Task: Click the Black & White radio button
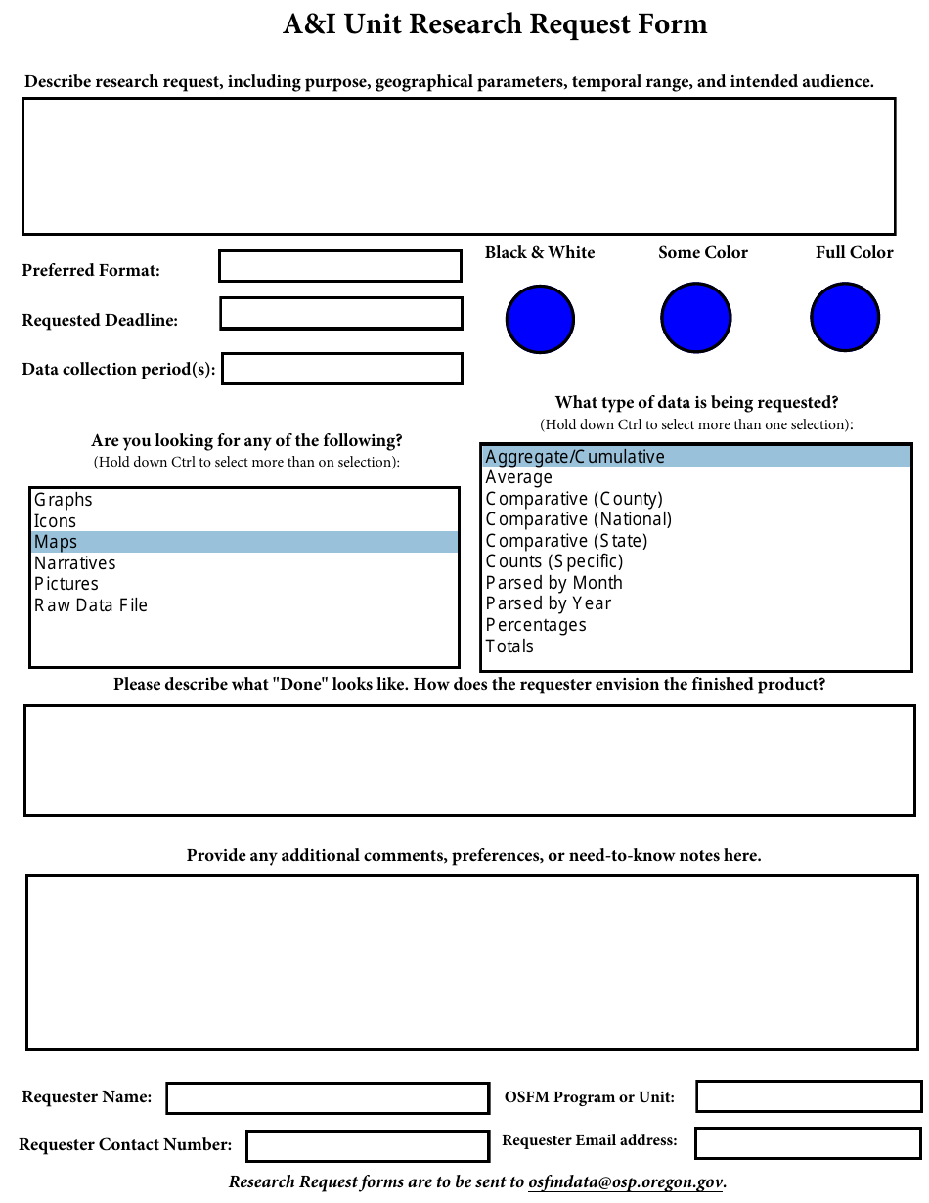pyautogui.click(x=540, y=320)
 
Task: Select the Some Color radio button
pyautogui.click(x=695, y=318)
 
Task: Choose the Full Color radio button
pyautogui.click(x=845, y=317)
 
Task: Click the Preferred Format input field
pyautogui.click(x=340, y=266)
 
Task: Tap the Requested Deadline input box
pyautogui.click(x=341, y=314)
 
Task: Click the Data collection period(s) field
pyautogui.click(x=342, y=369)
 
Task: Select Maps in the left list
pyautogui.click(x=56, y=542)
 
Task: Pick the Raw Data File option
pyautogui.click(x=91, y=605)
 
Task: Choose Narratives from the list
pyautogui.click(x=75, y=563)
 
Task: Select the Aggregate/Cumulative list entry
pyautogui.click(x=575, y=457)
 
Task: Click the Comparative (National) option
pyautogui.click(x=579, y=519)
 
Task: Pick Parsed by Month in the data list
pyautogui.click(x=554, y=583)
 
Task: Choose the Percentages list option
pyautogui.click(x=536, y=625)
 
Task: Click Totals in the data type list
pyautogui.click(x=509, y=646)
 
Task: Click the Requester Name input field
pyautogui.click(x=328, y=1097)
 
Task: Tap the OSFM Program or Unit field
pyautogui.click(x=809, y=1096)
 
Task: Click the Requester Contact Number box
pyautogui.click(x=368, y=1145)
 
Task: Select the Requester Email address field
pyautogui.click(x=809, y=1141)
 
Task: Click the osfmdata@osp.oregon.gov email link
pyautogui.click(x=625, y=1181)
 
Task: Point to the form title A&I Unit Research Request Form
pyautogui.click(x=495, y=24)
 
